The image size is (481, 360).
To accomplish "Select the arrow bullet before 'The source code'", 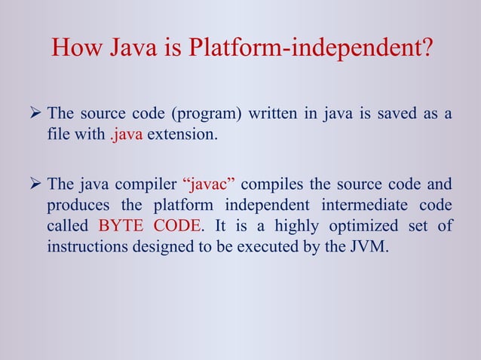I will (x=35, y=116).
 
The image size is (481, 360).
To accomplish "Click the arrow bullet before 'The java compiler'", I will (x=35, y=185).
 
